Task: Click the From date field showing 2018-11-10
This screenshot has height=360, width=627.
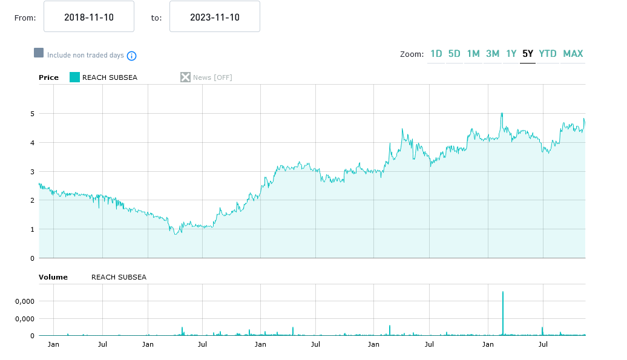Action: click(89, 17)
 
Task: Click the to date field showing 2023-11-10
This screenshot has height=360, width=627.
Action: click(215, 17)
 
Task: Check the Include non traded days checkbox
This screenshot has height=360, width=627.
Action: click(39, 53)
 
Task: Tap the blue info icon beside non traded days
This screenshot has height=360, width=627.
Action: click(131, 56)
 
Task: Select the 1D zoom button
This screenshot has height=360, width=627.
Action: click(436, 54)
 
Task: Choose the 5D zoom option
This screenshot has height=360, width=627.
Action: click(455, 54)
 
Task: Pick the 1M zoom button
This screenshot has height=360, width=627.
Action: click(473, 54)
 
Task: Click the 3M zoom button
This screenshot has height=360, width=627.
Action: click(493, 54)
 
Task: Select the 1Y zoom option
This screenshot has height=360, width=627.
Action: click(511, 54)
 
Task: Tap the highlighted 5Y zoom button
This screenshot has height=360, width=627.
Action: click(528, 54)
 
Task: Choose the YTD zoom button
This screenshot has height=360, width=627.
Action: click(548, 54)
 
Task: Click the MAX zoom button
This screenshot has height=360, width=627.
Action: click(573, 54)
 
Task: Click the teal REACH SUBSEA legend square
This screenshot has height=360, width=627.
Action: click(75, 77)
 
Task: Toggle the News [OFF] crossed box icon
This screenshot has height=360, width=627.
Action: click(185, 77)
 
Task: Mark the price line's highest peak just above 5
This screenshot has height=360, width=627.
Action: click(502, 113)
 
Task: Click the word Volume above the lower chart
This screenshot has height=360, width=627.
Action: click(53, 277)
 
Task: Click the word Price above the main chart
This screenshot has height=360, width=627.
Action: click(48, 77)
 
